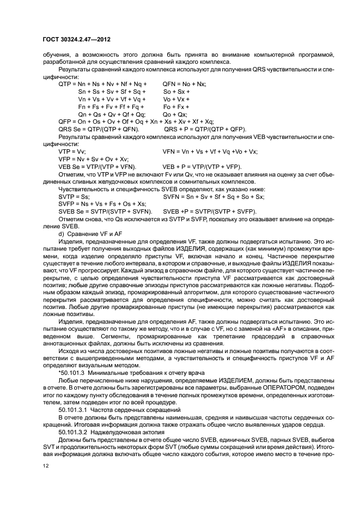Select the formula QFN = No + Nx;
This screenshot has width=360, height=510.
(184, 84)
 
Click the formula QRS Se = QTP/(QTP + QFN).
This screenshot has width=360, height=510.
(99, 129)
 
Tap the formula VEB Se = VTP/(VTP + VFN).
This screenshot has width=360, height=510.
(97, 166)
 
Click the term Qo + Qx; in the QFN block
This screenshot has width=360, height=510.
(175, 114)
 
